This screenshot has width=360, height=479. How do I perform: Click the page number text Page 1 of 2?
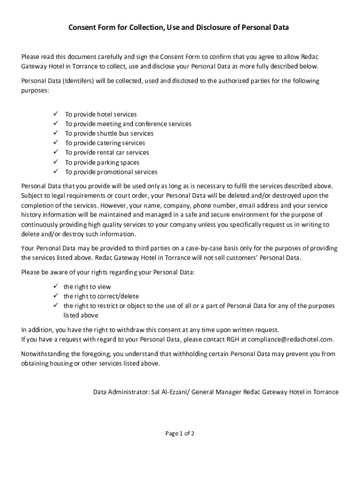(180, 433)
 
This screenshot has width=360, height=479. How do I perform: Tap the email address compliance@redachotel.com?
(291, 339)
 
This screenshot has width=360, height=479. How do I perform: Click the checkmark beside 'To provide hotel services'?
(55, 114)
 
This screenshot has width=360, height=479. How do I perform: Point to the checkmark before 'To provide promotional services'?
(55, 172)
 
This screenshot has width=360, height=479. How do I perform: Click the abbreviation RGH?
(231, 339)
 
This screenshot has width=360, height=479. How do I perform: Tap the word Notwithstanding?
(44, 354)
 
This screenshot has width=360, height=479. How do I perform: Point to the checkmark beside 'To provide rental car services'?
(55, 152)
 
